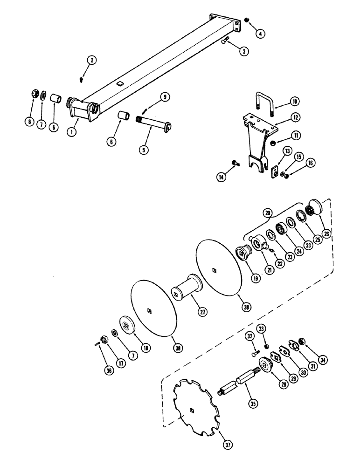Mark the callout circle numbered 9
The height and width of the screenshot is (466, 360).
165,97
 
